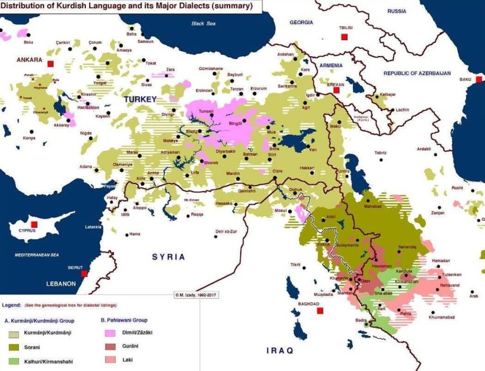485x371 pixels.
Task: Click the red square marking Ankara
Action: point(51,64)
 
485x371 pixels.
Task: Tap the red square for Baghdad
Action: point(320,311)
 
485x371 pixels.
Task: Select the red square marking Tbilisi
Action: point(345,37)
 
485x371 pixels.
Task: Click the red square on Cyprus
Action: point(34,225)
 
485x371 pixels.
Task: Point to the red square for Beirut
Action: point(84,274)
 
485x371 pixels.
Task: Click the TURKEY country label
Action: point(140,99)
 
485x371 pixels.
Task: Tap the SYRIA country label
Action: point(168,256)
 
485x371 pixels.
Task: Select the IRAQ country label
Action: point(279,350)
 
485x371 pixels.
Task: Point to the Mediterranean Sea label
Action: point(36,254)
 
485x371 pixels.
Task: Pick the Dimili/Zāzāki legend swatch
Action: point(112,332)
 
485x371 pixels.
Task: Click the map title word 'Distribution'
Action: point(22,6)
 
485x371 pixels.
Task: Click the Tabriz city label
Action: point(381,152)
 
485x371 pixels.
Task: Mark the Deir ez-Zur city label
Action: point(227,231)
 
